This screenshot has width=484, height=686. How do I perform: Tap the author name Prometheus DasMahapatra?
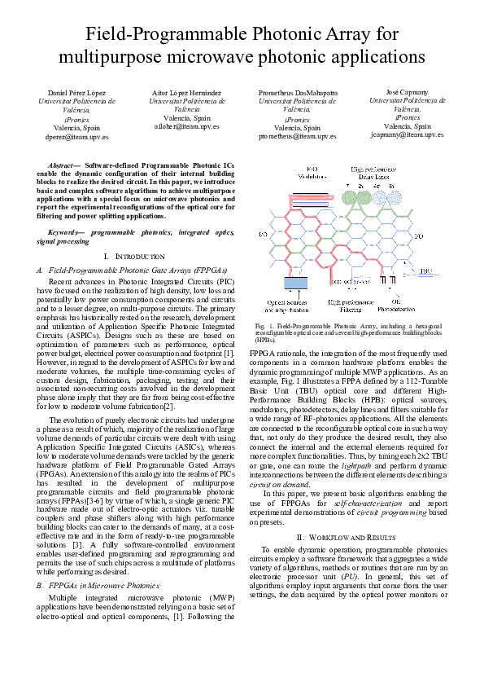[x=298, y=94]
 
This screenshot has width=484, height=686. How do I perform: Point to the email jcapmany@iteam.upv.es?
[x=407, y=134]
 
